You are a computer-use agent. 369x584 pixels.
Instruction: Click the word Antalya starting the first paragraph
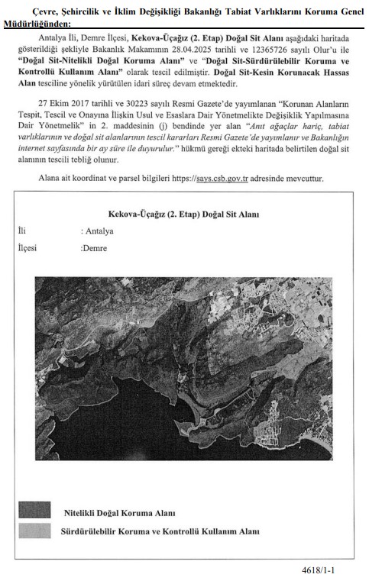click(53, 37)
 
